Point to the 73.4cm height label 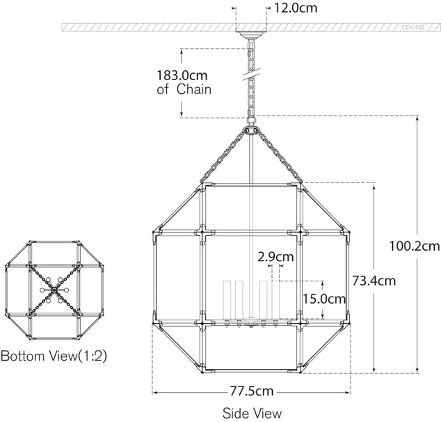373,281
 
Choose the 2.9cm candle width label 275,256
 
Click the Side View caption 252,412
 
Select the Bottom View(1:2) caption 54,357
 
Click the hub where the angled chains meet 250,130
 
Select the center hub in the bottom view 54,289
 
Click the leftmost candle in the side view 225,299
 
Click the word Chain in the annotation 193,89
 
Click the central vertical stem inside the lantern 250,223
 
